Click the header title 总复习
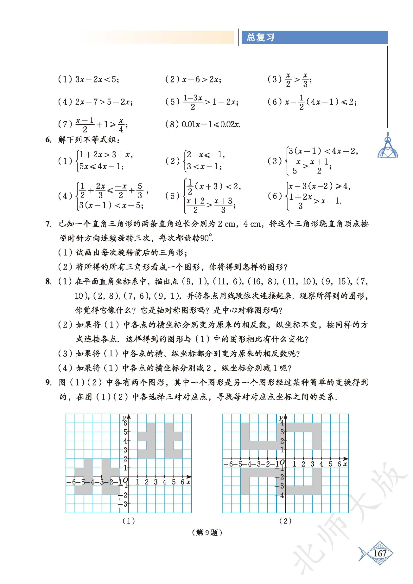coord(260,37)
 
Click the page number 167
coord(380,554)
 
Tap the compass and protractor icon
coord(388,147)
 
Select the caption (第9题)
coord(207,533)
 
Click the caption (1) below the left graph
coord(129,521)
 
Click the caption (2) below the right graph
coord(285,521)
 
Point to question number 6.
coord(48,140)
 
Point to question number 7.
coord(48,224)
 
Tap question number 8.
coord(48,282)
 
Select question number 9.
coord(48,383)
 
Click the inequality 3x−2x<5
coord(97,79)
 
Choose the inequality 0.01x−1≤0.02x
coord(211,124)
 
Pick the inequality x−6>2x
coord(201,79)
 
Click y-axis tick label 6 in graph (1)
coord(125,423)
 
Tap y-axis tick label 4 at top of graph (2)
coord(282,423)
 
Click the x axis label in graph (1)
coord(188,482)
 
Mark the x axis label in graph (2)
coord(345,464)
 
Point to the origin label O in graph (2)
coord(282,463)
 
